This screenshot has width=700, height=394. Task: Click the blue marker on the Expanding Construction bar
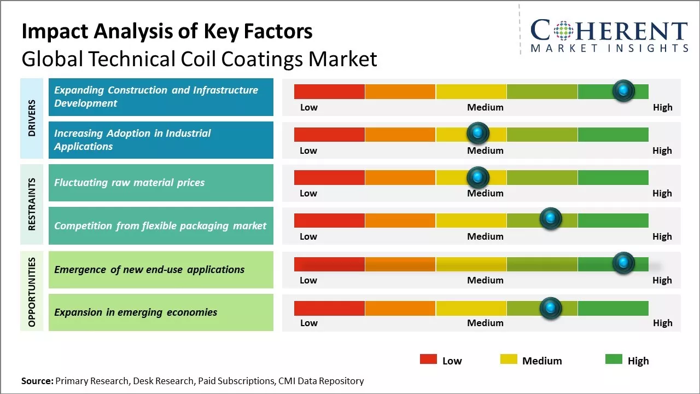coord(623,91)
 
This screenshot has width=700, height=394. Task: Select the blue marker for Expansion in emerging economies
coord(551,308)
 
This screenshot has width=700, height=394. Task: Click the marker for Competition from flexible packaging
coord(551,219)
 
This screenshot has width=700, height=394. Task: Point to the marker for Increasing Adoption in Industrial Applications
coord(478,134)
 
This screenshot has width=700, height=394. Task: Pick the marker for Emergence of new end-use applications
coord(623,263)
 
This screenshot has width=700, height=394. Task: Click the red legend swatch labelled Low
coord(428,360)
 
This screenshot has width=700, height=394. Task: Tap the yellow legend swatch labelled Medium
coord(509,360)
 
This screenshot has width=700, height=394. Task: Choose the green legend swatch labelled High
coord(614,360)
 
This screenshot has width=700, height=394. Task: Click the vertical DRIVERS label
coord(32,118)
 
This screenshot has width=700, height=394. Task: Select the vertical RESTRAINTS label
coord(32,204)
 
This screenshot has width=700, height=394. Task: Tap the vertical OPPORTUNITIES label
coord(32,292)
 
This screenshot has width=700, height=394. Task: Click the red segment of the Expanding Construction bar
coord(329,91)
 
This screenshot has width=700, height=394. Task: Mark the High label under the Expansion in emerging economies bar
coord(662,323)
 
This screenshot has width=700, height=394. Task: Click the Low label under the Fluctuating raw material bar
coord(308,193)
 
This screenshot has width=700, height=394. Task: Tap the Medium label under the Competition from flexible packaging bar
coord(485,236)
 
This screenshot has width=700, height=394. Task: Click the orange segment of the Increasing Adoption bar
coord(400,134)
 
